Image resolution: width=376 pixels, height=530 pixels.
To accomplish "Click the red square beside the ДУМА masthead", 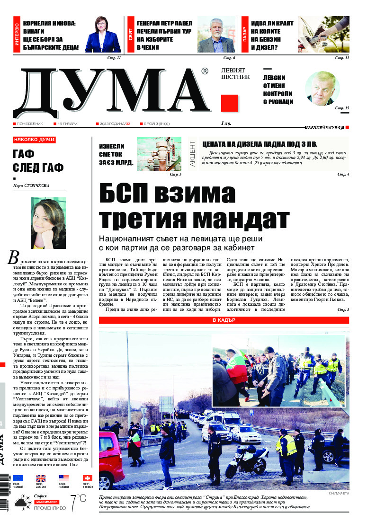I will tap(229, 103).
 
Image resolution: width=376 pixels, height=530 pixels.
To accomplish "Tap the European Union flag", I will tap(18, 478).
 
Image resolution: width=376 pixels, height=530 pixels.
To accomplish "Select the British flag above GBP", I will tap(41, 478).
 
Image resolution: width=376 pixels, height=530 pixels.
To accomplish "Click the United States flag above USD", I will tap(64, 478).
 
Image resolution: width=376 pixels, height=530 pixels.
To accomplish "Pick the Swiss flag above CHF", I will tap(87, 478).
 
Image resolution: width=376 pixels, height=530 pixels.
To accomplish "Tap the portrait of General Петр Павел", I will tap(216, 35).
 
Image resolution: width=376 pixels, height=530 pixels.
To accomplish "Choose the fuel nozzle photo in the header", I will tap(324, 35).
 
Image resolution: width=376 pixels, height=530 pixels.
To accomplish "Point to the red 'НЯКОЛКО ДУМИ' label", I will tap(35, 140).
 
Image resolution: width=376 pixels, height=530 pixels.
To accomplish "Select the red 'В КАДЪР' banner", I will tap(224, 320).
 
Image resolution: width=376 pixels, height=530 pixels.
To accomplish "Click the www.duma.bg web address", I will tap(324, 127).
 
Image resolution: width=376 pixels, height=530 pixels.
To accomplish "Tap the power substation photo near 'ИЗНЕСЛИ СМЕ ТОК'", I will tap(159, 154).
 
